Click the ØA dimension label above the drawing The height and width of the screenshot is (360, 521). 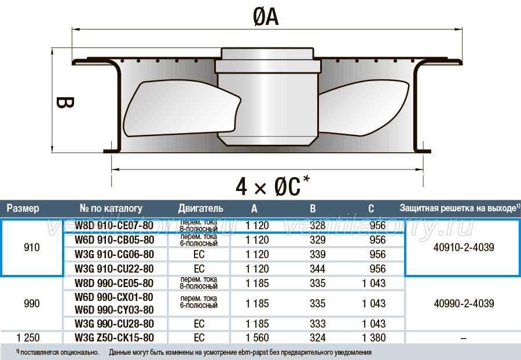266,17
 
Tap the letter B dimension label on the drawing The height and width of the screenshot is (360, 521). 65,102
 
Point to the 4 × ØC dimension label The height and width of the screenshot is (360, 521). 273,186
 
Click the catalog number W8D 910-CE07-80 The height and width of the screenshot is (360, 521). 114,225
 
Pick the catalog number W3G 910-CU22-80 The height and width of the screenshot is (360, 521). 114,269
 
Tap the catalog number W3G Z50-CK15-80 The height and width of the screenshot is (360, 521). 114,338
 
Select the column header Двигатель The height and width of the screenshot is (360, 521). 200,208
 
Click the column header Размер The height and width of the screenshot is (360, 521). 23,208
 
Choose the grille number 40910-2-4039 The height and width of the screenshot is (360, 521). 464,247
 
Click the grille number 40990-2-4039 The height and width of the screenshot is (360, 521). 464,303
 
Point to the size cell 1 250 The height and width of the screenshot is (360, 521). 28,338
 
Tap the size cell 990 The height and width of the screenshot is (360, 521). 32,303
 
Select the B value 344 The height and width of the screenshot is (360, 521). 317,269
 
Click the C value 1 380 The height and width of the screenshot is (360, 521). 374,338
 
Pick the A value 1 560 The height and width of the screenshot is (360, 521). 257,338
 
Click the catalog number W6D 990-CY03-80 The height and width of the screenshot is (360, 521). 114,310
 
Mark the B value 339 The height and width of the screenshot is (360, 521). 317,255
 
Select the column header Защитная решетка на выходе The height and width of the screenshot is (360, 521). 458,208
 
